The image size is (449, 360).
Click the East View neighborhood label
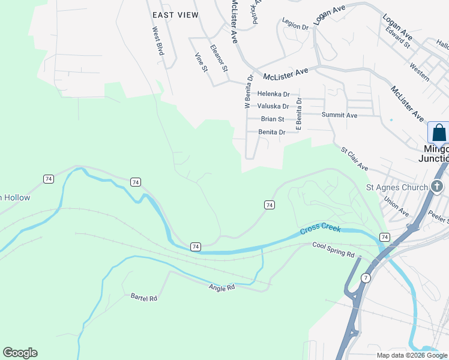pos(175,15)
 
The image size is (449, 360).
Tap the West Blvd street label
pos(158,41)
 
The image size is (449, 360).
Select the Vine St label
pos(200,63)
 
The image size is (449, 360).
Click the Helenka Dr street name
pos(273,94)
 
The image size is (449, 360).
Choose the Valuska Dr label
pos(273,106)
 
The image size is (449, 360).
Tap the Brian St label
pos(273,119)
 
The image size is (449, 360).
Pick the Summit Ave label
pos(339,115)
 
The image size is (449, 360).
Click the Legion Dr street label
pos(295,27)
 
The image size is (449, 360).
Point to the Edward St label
pos(398,37)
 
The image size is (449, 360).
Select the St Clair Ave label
pos(354,159)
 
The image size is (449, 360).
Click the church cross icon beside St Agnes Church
pos(438,187)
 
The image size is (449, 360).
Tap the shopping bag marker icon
pos(439,133)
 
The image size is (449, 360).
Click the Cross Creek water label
pos(321,230)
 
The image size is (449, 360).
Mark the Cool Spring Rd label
pos(334,250)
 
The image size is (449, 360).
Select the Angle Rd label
pos(221,288)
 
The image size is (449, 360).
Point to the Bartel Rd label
pos(143,297)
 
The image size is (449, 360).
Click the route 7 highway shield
pos(366,278)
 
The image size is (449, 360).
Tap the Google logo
pos(20,353)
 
